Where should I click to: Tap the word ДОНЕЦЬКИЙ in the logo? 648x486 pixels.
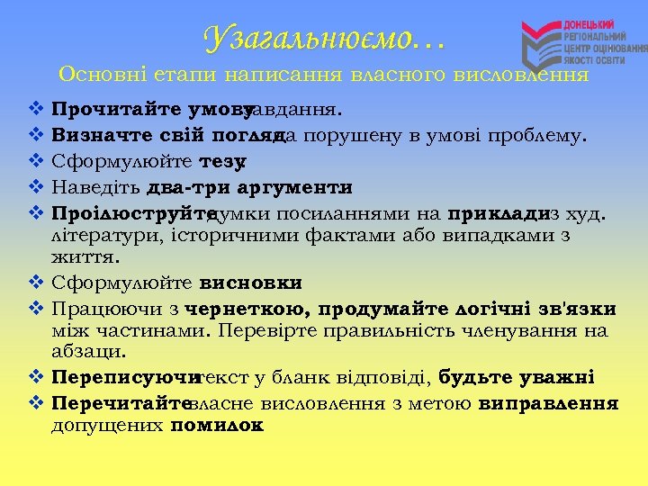click(x=589, y=22)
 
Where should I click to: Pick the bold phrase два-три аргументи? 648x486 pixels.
click(x=248, y=188)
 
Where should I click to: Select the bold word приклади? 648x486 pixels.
click(x=497, y=214)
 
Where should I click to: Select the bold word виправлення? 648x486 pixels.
click(x=548, y=402)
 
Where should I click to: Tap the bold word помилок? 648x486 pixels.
click(x=216, y=425)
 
